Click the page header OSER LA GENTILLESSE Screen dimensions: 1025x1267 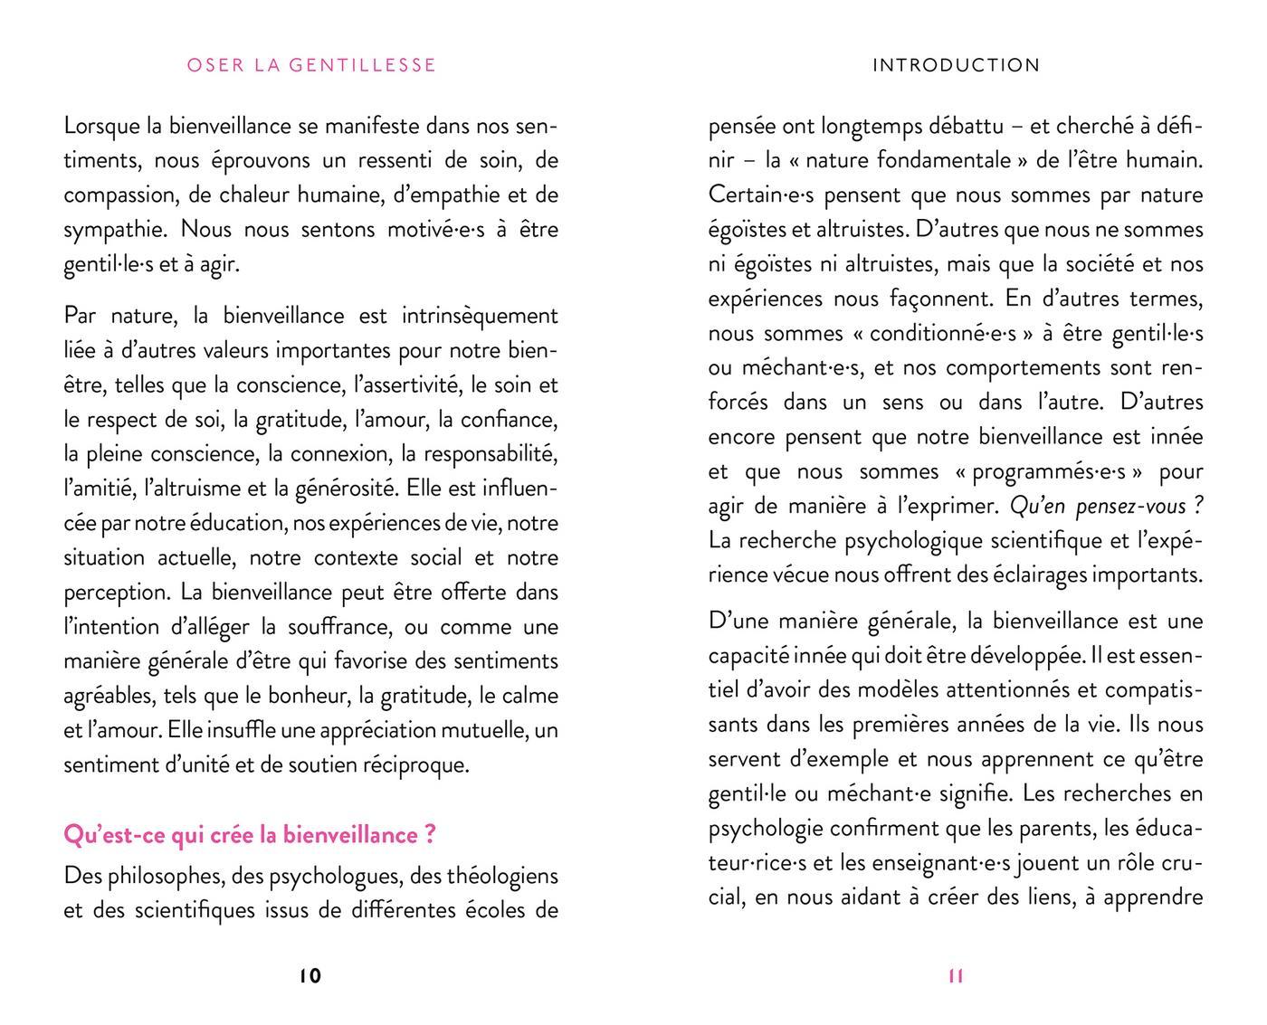tap(311, 65)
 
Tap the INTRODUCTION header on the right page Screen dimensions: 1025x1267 tap(956, 65)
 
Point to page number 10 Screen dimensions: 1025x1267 tap(310, 975)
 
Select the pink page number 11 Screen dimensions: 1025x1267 tap(956, 975)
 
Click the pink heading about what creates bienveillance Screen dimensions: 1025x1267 tap(250, 834)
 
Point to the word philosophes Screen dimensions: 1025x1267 tap(166, 876)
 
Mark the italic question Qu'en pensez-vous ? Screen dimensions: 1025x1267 tap(1106, 506)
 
